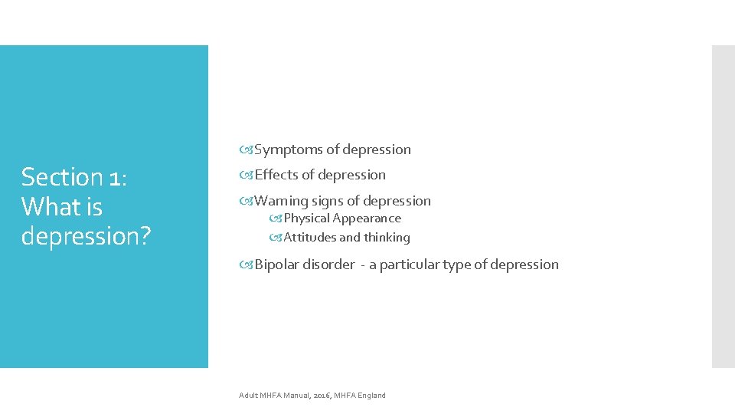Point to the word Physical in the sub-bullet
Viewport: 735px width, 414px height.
pyautogui.click(x=306, y=219)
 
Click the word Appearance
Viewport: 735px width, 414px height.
pyautogui.click(x=367, y=219)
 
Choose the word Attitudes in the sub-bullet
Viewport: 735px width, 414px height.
pyautogui.click(x=310, y=238)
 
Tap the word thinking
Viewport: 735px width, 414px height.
pyautogui.click(x=387, y=238)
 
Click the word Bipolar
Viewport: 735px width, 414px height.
pyautogui.click(x=276, y=264)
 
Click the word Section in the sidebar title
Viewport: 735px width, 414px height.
pyautogui.click(x=62, y=177)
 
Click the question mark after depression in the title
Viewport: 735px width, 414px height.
pyautogui.click(x=143, y=236)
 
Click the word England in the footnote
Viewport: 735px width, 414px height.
pyautogui.click(x=371, y=396)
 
